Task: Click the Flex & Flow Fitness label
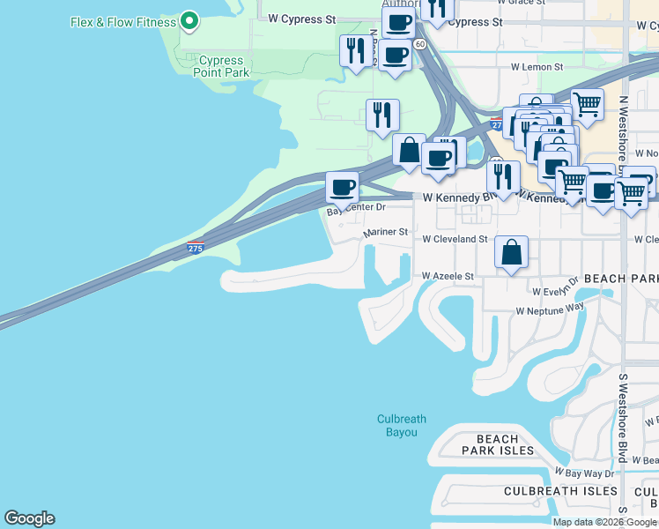click(x=122, y=21)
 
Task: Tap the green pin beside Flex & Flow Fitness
click(x=189, y=21)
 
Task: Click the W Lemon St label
click(x=537, y=67)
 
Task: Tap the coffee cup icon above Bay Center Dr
click(x=342, y=187)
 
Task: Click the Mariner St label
click(x=386, y=233)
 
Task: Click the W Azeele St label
click(x=448, y=276)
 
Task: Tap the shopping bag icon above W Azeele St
click(x=511, y=253)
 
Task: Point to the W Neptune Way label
click(x=550, y=310)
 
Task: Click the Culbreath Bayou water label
click(x=402, y=426)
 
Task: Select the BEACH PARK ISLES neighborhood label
click(x=499, y=444)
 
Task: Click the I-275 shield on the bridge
click(x=196, y=249)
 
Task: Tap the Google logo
click(x=29, y=518)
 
